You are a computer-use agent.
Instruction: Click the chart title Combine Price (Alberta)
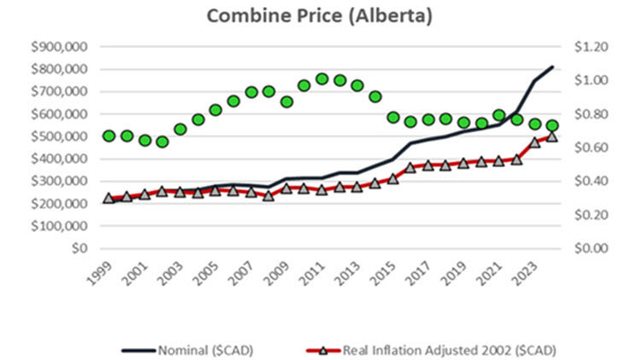(x=320, y=17)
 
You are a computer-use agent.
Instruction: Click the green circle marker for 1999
(x=108, y=136)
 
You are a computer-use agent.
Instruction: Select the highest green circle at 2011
(x=322, y=78)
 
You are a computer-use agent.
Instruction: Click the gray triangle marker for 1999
(x=108, y=198)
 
